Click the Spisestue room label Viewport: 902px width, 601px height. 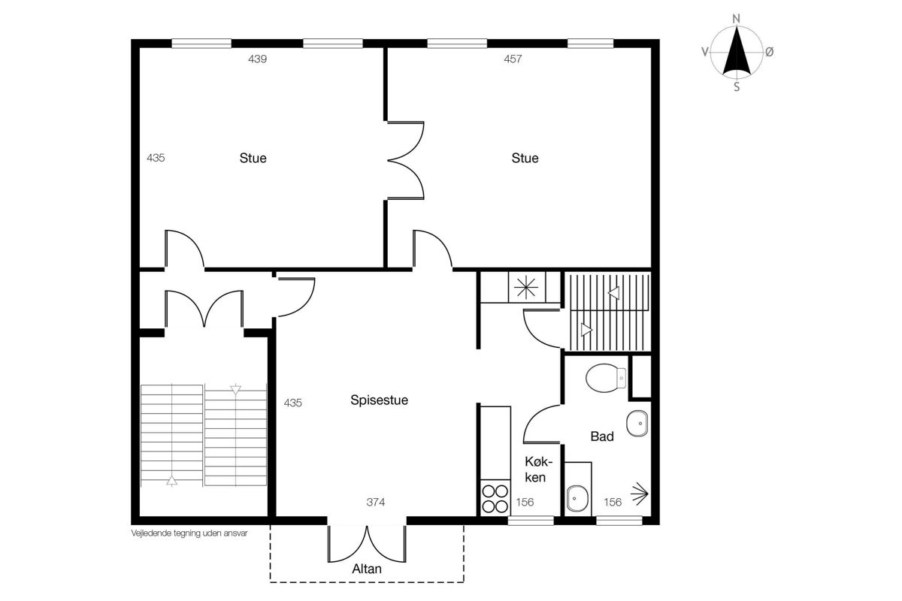point(379,400)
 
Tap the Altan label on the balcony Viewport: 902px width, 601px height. point(367,569)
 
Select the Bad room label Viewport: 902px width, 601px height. point(602,436)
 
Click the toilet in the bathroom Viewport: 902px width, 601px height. point(606,378)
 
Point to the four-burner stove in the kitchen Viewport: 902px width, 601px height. point(495,498)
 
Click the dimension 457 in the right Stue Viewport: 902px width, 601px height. point(513,59)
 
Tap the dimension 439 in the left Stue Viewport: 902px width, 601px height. point(257,59)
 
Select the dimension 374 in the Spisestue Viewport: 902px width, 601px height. point(375,502)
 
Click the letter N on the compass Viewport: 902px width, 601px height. point(736,19)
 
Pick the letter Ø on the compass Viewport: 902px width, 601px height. point(769,52)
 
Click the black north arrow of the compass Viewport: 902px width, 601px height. point(737,51)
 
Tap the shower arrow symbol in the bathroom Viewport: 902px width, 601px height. point(640,494)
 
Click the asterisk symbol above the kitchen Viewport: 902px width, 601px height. point(527,288)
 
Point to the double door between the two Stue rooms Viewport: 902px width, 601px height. point(405,160)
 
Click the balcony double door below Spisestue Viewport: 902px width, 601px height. point(367,543)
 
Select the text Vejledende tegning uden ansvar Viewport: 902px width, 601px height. point(189,533)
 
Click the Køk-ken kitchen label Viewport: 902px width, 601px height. point(538,470)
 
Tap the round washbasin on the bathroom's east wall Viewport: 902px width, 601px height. point(637,424)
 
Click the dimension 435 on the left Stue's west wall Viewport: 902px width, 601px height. point(156,158)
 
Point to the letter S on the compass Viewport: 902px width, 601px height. point(737,86)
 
